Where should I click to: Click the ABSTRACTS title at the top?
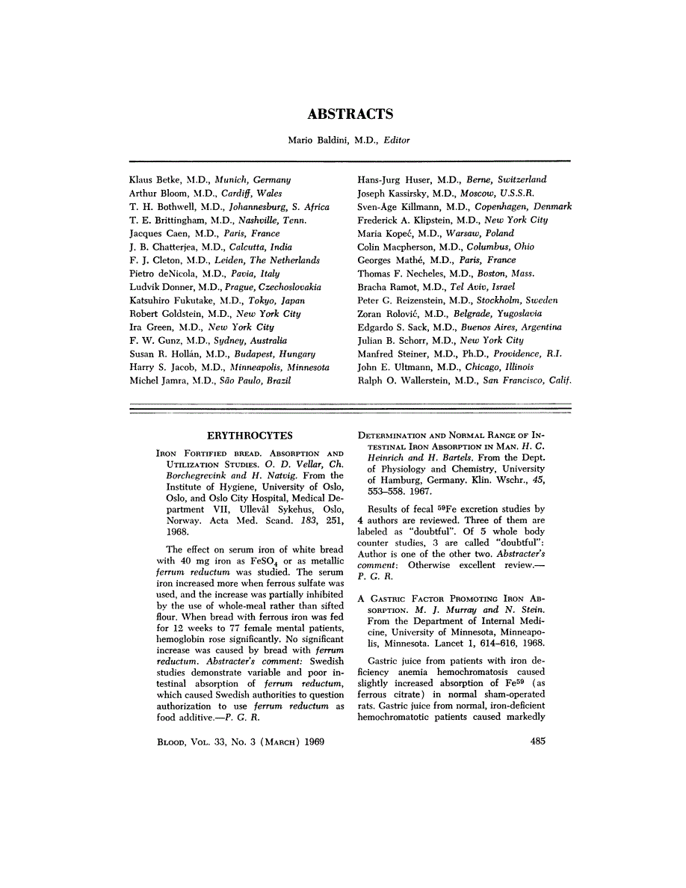click(350, 114)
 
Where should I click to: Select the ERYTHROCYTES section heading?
click(250, 435)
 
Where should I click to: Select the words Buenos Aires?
click(491, 327)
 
